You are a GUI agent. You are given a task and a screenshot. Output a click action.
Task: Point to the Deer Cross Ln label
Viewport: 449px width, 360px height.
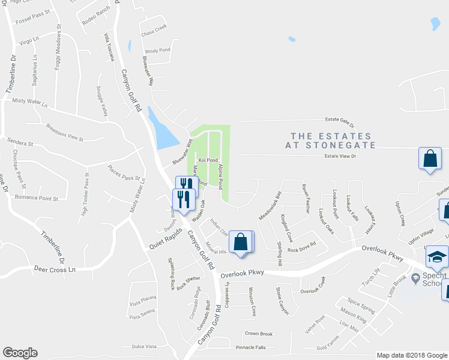point(57,269)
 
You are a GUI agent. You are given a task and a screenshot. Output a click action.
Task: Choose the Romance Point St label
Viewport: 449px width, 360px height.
point(36,198)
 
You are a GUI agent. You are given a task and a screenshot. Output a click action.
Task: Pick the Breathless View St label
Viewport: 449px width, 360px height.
point(64,132)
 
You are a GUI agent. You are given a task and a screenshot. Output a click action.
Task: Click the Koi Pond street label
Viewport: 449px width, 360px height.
point(207,160)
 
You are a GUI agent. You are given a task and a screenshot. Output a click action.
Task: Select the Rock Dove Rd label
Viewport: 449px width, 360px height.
point(301,250)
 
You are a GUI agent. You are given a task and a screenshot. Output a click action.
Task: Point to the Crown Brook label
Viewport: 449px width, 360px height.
point(259,334)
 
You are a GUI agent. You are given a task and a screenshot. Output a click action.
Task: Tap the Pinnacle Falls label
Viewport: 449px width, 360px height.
point(251,347)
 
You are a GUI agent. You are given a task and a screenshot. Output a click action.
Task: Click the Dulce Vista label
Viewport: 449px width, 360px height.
point(144,346)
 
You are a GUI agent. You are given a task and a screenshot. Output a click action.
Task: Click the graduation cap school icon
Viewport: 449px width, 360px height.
point(437,257)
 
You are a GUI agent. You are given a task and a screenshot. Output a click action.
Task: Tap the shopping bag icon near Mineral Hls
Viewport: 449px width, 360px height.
point(241,242)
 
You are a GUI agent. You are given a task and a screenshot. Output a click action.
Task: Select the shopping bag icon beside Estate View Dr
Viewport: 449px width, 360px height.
point(430,159)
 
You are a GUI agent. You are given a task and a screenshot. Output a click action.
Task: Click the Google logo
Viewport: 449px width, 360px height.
point(20,353)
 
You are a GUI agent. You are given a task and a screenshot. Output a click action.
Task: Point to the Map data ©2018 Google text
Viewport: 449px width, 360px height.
point(412,355)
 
